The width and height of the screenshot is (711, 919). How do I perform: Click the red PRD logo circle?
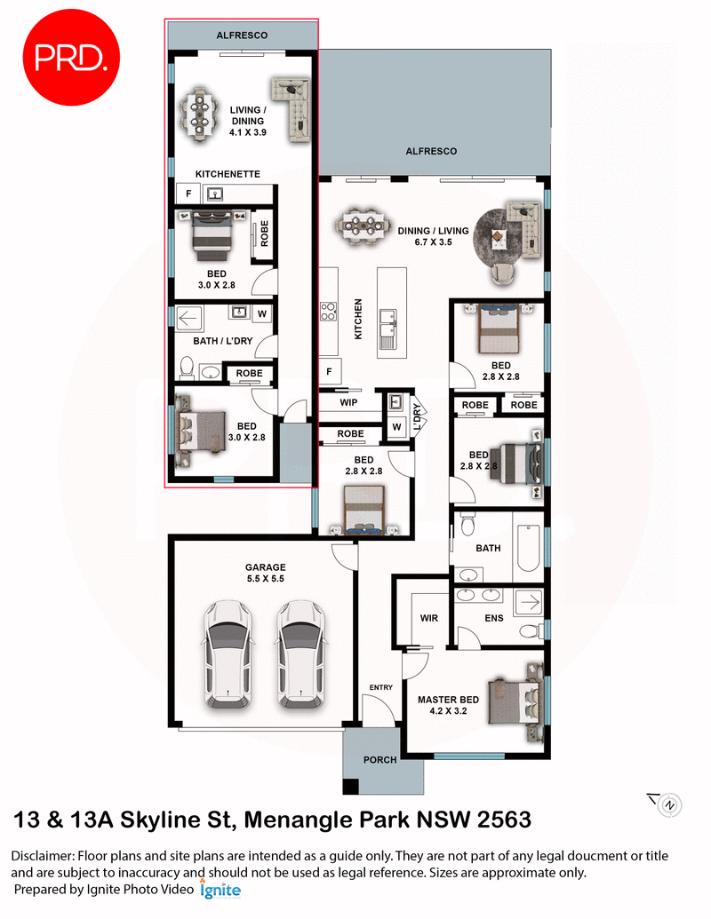70,58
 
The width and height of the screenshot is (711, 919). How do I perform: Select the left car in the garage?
227,654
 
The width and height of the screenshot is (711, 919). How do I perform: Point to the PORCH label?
379,760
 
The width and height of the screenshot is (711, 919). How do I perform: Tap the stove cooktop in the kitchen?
328,311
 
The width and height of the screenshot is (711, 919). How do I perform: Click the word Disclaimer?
43,856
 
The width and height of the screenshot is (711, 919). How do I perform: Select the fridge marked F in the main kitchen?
329,371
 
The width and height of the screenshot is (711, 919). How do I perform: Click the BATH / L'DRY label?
222,341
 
